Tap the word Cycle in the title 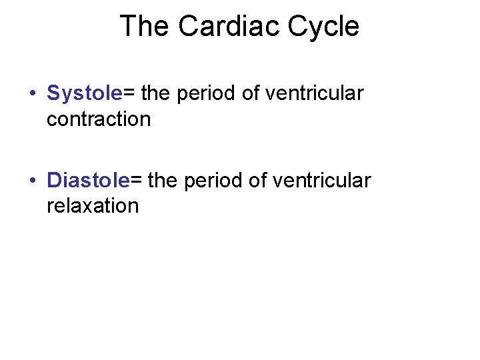323,27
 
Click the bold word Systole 85,94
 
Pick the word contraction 99,119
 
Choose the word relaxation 93,205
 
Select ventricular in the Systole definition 314,94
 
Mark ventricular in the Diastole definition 321,180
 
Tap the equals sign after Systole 129,94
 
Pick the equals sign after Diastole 136,180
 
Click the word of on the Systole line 251,94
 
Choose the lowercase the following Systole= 156,94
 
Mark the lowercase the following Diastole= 163,180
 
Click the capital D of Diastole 54,180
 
